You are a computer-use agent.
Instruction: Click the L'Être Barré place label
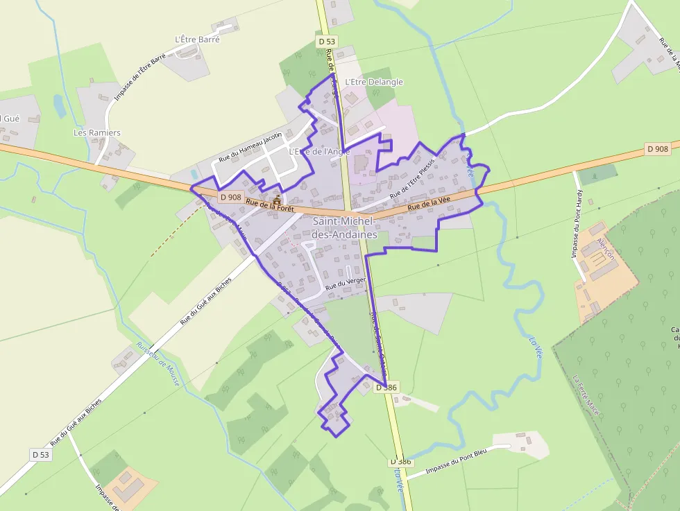pyautogui.click(x=198, y=40)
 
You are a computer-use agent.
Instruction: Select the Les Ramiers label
pyautogui.click(x=97, y=132)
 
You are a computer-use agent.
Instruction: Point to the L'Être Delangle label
pyautogui.click(x=373, y=82)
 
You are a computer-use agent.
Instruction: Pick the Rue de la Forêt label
pyautogui.click(x=270, y=205)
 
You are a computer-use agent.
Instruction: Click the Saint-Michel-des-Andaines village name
pyautogui.click(x=344, y=227)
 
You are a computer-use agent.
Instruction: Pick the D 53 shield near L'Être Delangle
pyautogui.click(x=327, y=42)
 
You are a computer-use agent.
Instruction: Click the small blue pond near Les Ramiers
pyautogui.click(x=59, y=105)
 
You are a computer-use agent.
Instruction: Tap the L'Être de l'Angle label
pyautogui.click(x=319, y=151)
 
